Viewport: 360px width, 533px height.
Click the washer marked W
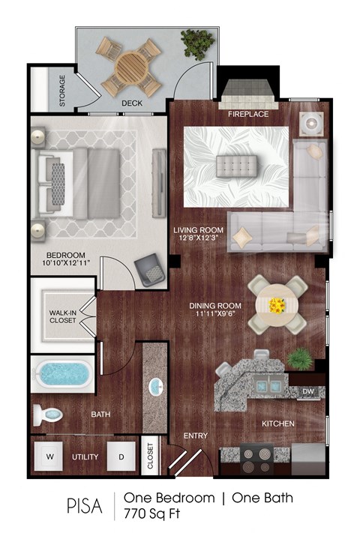[50, 457]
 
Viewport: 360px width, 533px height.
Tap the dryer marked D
[120, 457]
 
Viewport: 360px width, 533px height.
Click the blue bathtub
[62, 373]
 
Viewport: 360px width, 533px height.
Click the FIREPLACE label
[248, 115]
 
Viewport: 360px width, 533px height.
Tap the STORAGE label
[62, 91]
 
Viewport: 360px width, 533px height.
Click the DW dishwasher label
[309, 391]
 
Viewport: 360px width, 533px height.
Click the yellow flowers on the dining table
[277, 305]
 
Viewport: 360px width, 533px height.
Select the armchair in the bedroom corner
[151, 268]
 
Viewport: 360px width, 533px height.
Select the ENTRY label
[196, 436]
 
